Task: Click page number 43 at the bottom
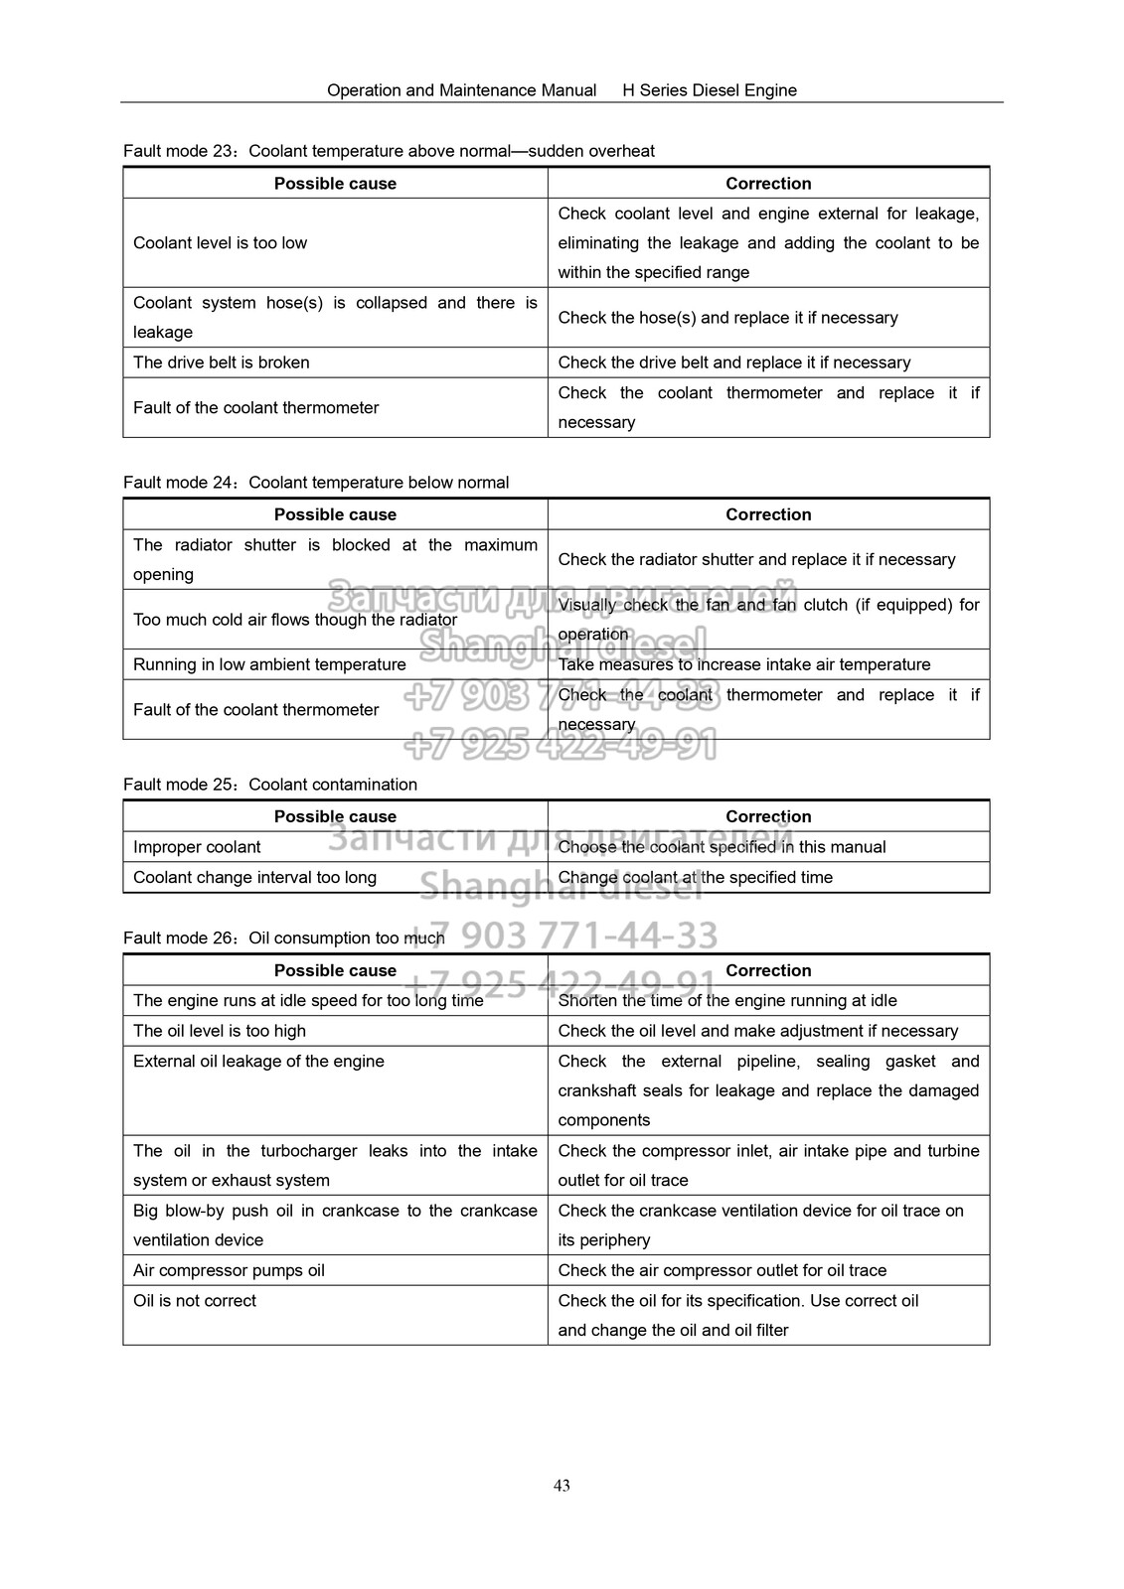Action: pyautogui.click(x=562, y=1486)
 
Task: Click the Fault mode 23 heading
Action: pyautogui.click(x=389, y=151)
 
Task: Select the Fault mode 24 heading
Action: pyautogui.click(x=316, y=483)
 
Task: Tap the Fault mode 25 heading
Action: pyautogui.click(x=270, y=785)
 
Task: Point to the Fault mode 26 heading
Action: pyautogui.click(x=284, y=939)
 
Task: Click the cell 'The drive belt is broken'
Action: pyautogui.click(x=222, y=362)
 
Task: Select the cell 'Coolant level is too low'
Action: pyautogui.click(x=221, y=243)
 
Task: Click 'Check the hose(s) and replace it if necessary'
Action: pyautogui.click(x=727, y=318)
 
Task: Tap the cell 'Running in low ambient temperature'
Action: pyautogui.click(x=269, y=664)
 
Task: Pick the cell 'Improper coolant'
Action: pyautogui.click(x=197, y=847)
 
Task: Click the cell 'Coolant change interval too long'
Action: pyautogui.click(x=254, y=877)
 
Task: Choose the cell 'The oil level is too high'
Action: pyautogui.click(x=220, y=1031)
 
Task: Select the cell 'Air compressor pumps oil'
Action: pyautogui.click(x=229, y=1270)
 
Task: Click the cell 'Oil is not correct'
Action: pyautogui.click(x=195, y=1300)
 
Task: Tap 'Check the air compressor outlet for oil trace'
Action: pyautogui.click(x=722, y=1270)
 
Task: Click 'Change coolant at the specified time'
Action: pyautogui.click(x=695, y=877)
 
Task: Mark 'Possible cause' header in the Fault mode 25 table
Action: pyautogui.click(x=335, y=816)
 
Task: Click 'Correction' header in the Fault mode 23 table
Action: pyautogui.click(x=768, y=184)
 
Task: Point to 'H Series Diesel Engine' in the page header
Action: pyautogui.click(x=710, y=90)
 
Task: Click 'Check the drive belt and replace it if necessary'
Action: pyautogui.click(x=733, y=362)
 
